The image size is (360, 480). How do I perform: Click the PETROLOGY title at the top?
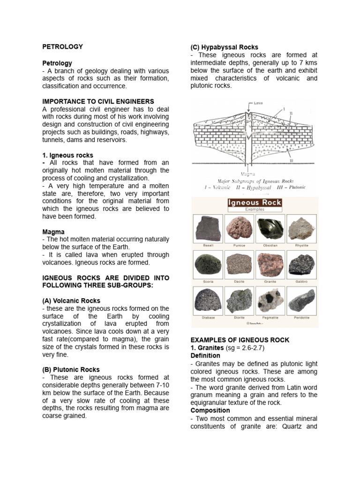coord(62,47)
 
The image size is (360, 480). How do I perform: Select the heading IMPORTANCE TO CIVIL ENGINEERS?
coord(98,101)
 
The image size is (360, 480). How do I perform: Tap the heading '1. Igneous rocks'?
coord(67,155)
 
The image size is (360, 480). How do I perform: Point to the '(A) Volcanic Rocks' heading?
coord(71,300)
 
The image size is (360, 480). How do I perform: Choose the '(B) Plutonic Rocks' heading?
coord(71,369)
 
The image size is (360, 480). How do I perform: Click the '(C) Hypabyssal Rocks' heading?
coord(224,47)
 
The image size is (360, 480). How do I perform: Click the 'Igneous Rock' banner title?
coord(255,203)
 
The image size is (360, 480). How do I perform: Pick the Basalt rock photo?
coord(208,229)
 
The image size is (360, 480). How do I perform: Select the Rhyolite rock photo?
coord(301,228)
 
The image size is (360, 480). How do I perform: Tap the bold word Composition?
coord(210,410)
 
